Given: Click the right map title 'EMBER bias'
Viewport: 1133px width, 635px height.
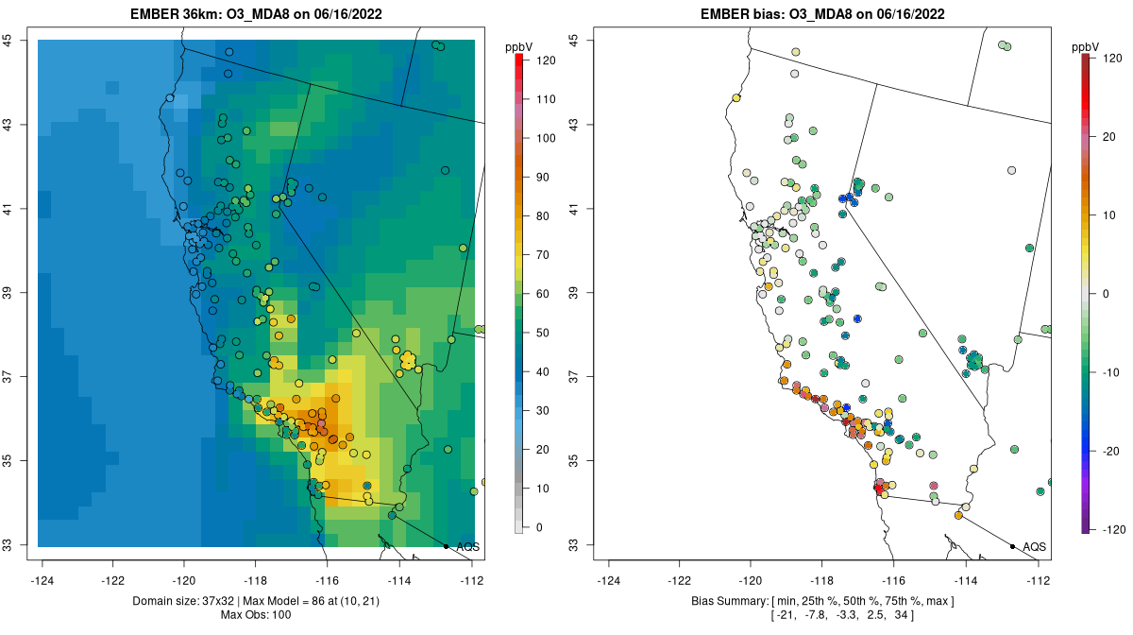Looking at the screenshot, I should (739, 14).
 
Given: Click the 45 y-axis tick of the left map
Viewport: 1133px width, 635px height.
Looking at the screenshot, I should (7, 40).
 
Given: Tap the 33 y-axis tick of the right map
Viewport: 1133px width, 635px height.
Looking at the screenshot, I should (573, 545).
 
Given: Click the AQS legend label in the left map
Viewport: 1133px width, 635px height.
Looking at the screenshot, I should (467, 546).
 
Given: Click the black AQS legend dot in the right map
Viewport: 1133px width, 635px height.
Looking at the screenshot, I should (1012, 546).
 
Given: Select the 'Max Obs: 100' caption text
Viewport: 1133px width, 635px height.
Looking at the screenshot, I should (256, 615).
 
